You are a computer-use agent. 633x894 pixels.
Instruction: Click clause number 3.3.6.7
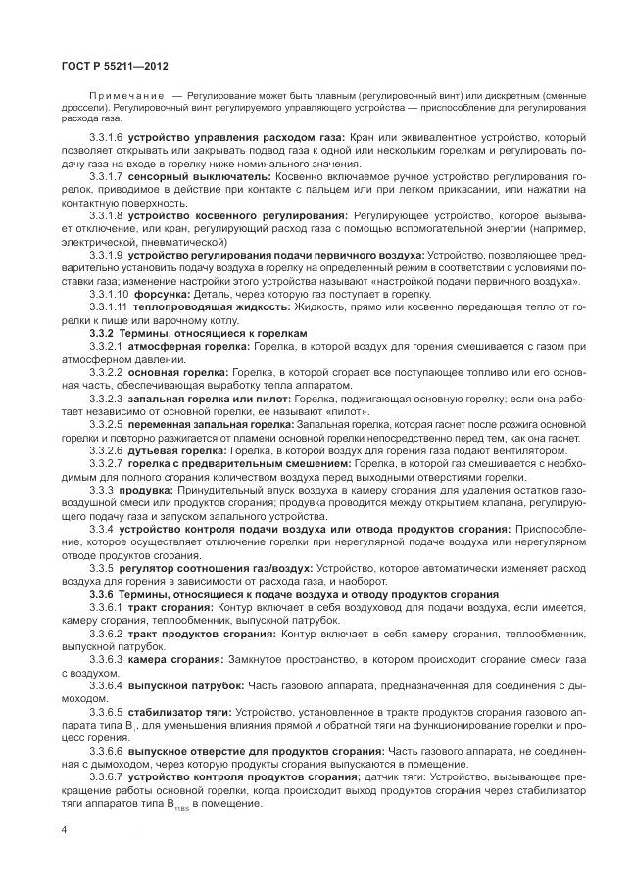pos(106,776)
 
